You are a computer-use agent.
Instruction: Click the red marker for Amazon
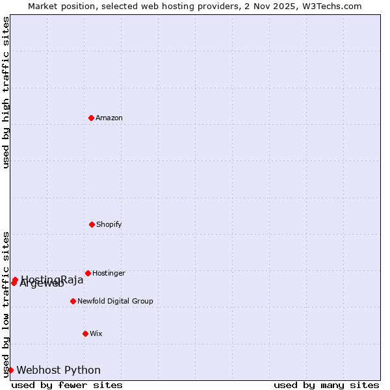pos(91,118)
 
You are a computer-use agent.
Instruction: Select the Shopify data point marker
pos(92,224)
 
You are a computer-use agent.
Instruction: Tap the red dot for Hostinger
pos(88,273)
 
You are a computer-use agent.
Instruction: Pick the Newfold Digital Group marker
pos(73,301)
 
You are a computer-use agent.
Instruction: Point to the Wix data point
pos(85,333)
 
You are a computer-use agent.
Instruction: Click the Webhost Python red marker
pos(10,370)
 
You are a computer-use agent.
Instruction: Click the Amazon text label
pos(109,118)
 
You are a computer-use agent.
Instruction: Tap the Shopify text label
pos(109,224)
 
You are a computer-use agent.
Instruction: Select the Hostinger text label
pos(109,273)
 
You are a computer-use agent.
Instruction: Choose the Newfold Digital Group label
pos(115,301)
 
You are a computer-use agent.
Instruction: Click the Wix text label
pos(96,333)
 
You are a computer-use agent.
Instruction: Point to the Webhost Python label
pos(58,370)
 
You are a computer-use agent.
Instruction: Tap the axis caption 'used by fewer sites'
pos(67,385)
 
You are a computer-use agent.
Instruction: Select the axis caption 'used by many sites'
pos(326,385)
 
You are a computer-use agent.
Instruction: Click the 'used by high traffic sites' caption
pos(6,92)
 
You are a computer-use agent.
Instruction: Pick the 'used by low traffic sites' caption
pos(6,304)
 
